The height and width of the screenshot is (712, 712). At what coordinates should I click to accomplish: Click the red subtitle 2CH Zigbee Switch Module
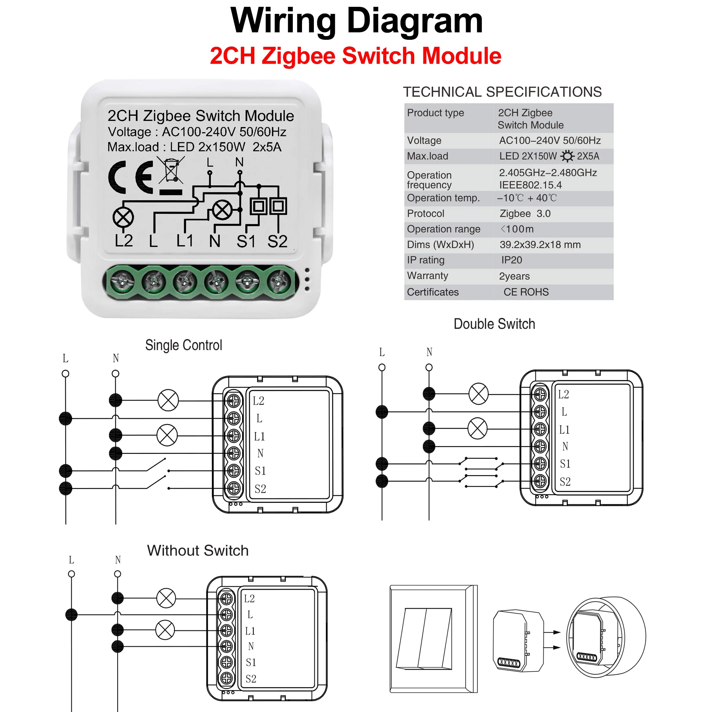pos(355,56)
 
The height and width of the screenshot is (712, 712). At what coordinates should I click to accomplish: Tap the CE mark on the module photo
pos(130,177)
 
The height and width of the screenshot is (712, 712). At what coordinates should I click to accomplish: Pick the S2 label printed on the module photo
pos(277,242)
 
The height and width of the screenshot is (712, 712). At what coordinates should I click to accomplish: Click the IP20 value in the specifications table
pos(511,260)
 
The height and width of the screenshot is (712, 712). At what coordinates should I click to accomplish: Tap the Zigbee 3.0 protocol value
pos(525,213)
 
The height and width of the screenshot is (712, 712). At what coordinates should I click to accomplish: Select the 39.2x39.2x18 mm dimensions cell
pos(540,245)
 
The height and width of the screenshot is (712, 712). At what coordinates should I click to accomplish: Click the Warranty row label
pos(427,276)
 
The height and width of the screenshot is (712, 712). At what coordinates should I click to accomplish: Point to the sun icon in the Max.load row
pos(567,156)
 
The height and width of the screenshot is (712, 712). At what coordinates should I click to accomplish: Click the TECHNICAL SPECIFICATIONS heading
pos(502,92)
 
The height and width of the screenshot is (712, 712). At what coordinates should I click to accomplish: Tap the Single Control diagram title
pos(184,345)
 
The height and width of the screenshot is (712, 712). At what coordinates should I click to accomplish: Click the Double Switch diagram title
pos(494,324)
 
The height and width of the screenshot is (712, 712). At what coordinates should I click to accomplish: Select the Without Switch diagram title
pos(198,551)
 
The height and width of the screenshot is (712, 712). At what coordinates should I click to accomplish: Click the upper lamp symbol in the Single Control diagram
pos(168,400)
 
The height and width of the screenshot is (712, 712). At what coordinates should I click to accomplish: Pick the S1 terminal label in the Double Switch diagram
pos(565,464)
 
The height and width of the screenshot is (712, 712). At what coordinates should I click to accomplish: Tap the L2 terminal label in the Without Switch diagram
pos(249,598)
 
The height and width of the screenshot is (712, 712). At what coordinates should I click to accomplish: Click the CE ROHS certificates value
pos(526,292)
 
